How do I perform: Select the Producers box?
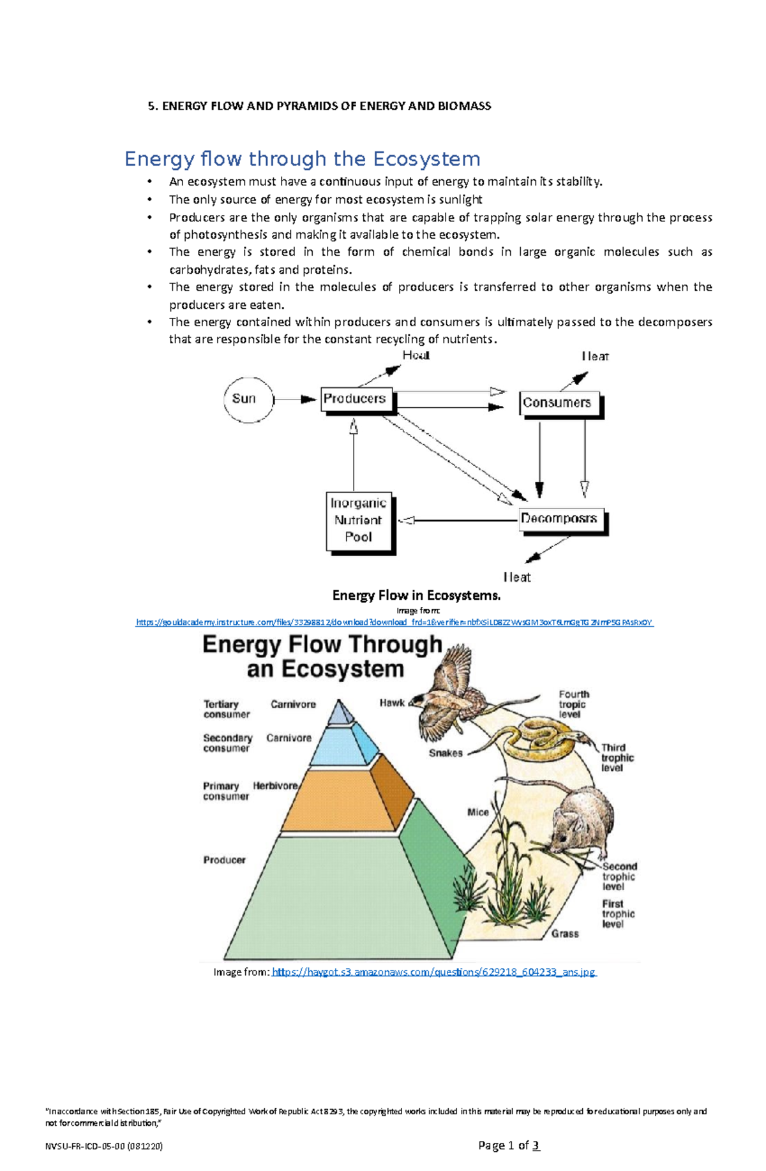pyautogui.click(x=355, y=399)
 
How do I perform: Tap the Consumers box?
pyautogui.click(x=557, y=403)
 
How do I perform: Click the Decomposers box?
pyautogui.click(x=559, y=518)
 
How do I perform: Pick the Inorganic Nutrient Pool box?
pyautogui.click(x=358, y=520)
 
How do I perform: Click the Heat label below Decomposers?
pyautogui.click(x=516, y=577)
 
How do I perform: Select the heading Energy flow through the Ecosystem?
pyautogui.click(x=302, y=158)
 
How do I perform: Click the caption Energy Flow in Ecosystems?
pyautogui.click(x=416, y=595)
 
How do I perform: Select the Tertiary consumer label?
pyautogui.click(x=226, y=709)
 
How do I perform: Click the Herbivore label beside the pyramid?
pyautogui.click(x=275, y=786)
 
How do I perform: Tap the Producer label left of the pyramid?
pyautogui.click(x=224, y=860)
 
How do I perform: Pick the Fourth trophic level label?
pyautogui.click(x=573, y=704)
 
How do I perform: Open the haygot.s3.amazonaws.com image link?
pyautogui.click(x=433, y=972)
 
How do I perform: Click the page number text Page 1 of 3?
pyautogui.click(x=509, y=1145)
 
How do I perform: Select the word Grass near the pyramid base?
pyautogui.click(x=564, y=934)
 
